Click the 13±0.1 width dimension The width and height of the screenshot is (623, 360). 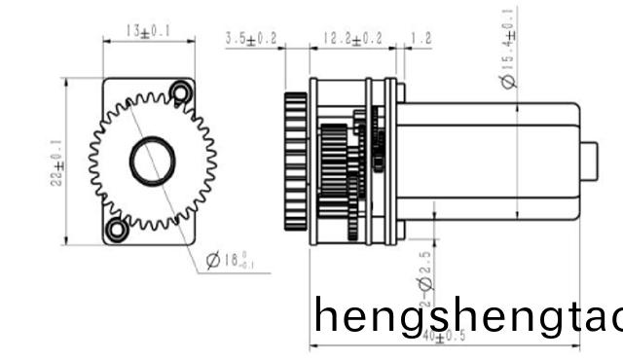pos(148,32)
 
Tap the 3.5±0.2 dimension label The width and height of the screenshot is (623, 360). pos(251,39)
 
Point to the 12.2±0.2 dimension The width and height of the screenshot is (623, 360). pos(352,39)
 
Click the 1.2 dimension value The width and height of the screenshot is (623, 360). pos(421,39)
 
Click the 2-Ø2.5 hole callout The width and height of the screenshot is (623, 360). pos(425,281)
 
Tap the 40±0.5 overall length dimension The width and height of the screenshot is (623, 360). pos(444,337)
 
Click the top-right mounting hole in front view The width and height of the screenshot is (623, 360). pos(179,92)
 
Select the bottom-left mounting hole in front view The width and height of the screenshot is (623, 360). pos(117,230)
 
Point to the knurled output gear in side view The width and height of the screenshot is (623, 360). pos(296,161)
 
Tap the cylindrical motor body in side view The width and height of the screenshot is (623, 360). pos(487,161)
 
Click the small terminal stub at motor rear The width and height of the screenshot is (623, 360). pos(589,161)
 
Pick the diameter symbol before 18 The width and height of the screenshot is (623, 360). pos(213,261)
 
